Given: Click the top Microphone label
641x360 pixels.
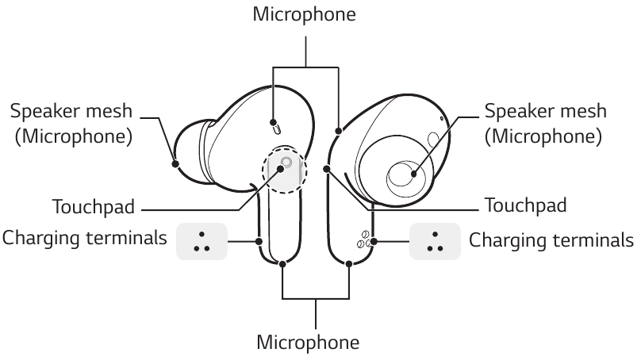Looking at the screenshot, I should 304,13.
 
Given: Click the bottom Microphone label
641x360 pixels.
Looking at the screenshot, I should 308,343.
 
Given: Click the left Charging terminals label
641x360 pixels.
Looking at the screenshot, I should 85,239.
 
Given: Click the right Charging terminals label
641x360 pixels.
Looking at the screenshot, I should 551,239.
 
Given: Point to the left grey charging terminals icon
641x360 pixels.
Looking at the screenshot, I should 202,241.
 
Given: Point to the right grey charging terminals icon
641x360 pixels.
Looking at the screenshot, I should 435,241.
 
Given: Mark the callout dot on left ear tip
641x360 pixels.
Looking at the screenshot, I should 175,164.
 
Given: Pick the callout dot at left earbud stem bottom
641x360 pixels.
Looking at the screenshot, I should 283,265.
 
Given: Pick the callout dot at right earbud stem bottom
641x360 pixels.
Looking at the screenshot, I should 350,265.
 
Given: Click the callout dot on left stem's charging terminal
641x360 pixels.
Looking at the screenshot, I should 259,240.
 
